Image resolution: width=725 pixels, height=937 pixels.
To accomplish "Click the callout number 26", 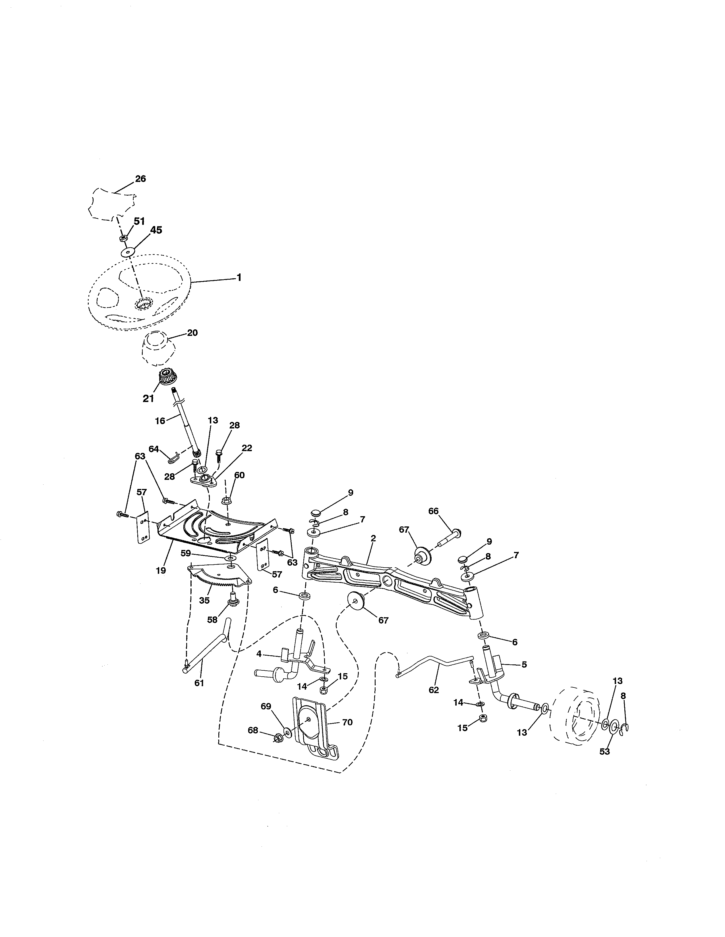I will (140, 179).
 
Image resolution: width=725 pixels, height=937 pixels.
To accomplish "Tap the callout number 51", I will (139, 221).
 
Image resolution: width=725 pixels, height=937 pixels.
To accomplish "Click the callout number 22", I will (246, 448).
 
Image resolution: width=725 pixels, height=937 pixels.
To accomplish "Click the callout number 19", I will (161, 571).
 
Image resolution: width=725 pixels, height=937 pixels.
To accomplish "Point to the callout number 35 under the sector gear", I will (204, 601).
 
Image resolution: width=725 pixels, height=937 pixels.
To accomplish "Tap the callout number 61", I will (199, 683).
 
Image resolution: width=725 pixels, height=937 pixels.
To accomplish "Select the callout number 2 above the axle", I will (373, 538).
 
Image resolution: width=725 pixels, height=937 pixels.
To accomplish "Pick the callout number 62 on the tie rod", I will (434, 690).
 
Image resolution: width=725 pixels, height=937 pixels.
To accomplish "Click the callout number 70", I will (347, 723).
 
